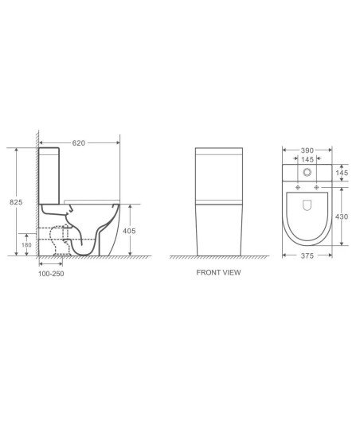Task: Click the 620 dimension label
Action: click(79, 142)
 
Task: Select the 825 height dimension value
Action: click(16, 202)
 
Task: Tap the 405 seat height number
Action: click(129, 231)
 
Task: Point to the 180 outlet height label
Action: click(26, 245)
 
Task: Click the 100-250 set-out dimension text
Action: click(51, 274)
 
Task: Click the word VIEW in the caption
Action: click(231, 272)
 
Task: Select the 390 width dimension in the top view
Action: click(307, 150)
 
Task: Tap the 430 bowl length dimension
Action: click(342, 216)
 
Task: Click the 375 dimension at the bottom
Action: click(307, 255)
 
